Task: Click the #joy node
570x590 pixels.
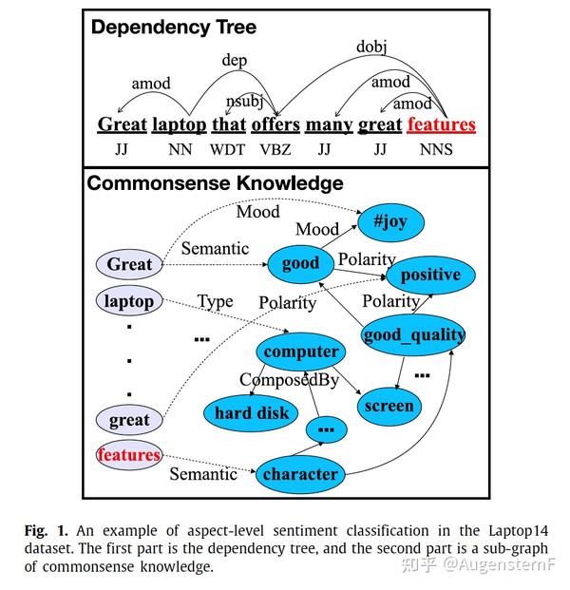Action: click(390, 222)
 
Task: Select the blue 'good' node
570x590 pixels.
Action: click(300, 264)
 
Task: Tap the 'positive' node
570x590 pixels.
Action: click(430, 276)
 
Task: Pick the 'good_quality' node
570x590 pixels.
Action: click(413, 334)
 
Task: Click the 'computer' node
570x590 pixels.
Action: click(300, 352)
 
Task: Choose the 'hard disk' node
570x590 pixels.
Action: click(251, 413)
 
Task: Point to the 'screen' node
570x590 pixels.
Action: click(389, 407)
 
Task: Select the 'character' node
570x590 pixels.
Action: click(300, 474)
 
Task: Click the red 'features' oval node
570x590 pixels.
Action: click(129, 455)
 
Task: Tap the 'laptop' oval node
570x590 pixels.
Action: click(129, 301)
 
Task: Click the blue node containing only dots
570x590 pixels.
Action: click(326, 429)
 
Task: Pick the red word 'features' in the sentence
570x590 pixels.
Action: click(442, 124)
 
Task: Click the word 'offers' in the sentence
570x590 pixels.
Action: click(275, 124)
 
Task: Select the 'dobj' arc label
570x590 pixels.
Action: click(371, 48)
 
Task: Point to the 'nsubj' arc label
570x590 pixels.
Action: click(244, 102)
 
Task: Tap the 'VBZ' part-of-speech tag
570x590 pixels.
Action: click(275, 150)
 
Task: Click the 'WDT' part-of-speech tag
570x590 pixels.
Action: click(228, 150)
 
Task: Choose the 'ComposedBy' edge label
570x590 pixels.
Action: click(289, 380)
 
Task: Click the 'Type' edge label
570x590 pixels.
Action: click(216, 302)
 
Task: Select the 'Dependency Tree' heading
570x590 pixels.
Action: click(174, 28)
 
